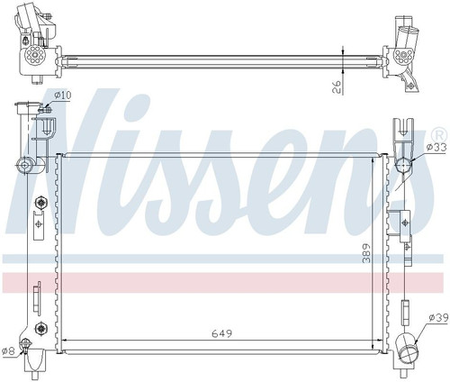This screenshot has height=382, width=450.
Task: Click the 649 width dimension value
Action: pos(222,333)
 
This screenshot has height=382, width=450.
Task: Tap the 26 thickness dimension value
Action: pos(337,86)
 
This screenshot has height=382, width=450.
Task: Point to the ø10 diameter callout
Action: pos(63,95)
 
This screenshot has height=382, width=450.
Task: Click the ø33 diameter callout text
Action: pos(438,147)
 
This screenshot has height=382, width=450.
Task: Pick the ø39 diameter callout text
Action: pos(439,317)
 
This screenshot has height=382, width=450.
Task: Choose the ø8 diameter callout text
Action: pos(8,351)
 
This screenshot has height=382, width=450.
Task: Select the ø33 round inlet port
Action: pos(403,165)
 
